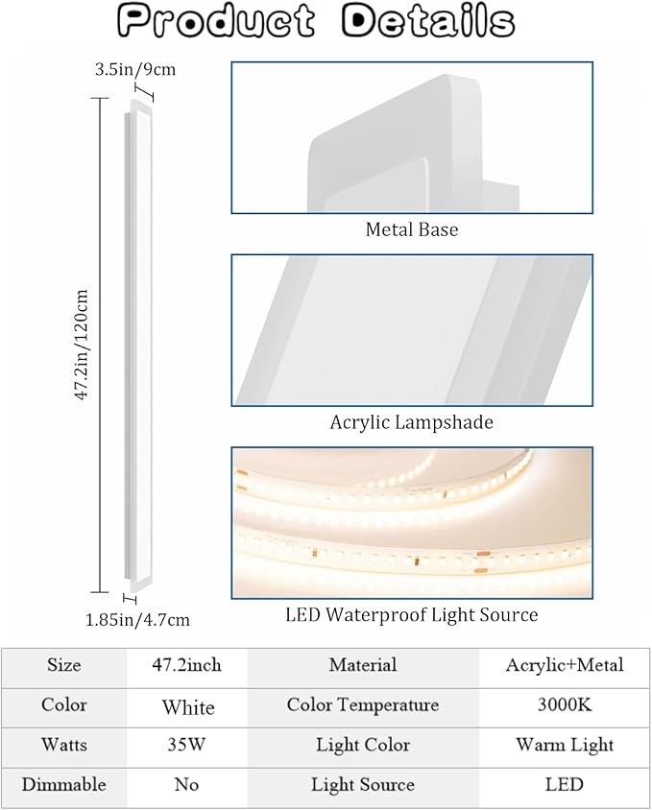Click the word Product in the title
coord(216,21)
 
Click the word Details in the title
coord(428,21)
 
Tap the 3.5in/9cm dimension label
coord(135,69)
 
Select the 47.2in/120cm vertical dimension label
coord(83,345)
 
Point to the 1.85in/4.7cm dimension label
coord(137,619)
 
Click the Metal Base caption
coord(412,229)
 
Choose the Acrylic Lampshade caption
coord(412,422)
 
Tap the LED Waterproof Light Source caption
coord(412,615)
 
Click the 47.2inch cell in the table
coord(186,665)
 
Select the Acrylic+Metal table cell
coord(565,665)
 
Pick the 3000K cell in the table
coord(565,704)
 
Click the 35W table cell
coord(186,745)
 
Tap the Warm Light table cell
coord(565,745)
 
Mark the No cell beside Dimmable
coord(186,785)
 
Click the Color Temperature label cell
coord(363,705)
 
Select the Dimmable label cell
coord(63,785)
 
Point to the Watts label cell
coord(63,745)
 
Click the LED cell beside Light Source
coord(564,785)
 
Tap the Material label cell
coord(363,665)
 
